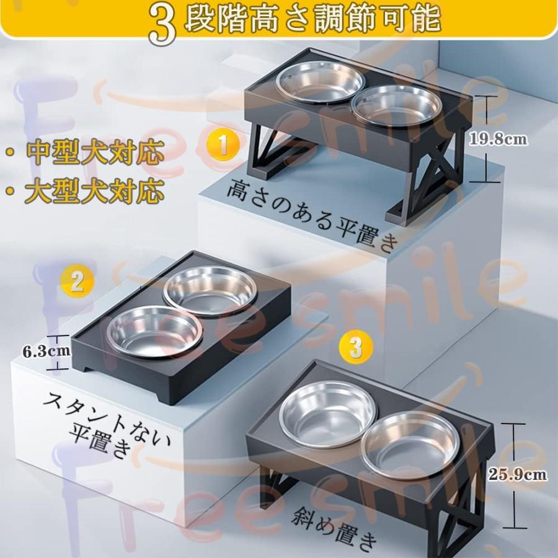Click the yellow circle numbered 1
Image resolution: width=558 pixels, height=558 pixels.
pos(223,145)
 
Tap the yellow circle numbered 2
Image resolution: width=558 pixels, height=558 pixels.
pos(77,283)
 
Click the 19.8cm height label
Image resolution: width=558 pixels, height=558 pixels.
pos(498,139)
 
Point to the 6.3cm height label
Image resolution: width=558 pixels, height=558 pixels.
pos(46,352)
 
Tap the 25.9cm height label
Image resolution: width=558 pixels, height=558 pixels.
pos(517,474)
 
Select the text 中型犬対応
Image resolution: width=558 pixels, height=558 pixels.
pos(95,153)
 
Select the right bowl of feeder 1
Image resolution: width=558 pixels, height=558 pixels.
pos(397,107)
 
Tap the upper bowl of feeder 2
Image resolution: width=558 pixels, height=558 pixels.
pos(210,290)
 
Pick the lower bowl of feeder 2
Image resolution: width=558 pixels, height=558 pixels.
pos(154,332)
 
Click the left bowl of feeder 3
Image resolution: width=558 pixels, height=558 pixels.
pos(328,414)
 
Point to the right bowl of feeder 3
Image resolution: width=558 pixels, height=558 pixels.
pos(410,446)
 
